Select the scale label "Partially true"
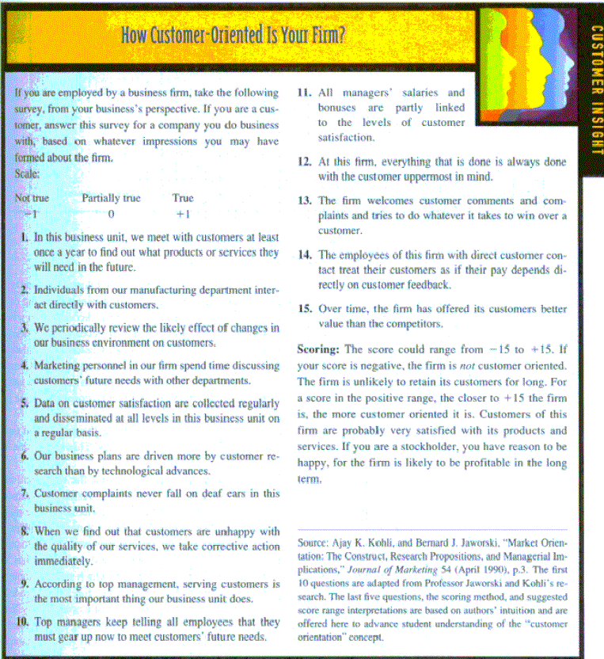111,198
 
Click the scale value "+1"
183,214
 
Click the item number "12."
305,162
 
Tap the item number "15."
305,309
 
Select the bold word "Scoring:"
318,349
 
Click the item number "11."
305,93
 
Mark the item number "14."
305,255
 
